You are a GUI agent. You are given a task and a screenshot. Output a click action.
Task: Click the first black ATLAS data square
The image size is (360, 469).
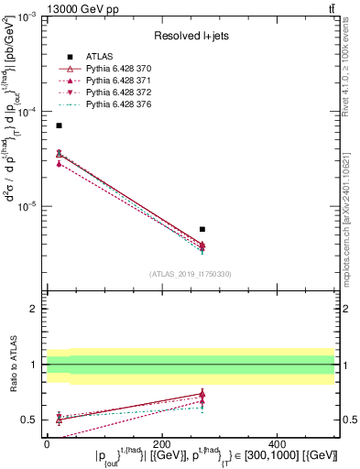point(60,125)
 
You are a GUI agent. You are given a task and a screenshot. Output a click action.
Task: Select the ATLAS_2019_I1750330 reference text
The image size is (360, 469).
point(191,274)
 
